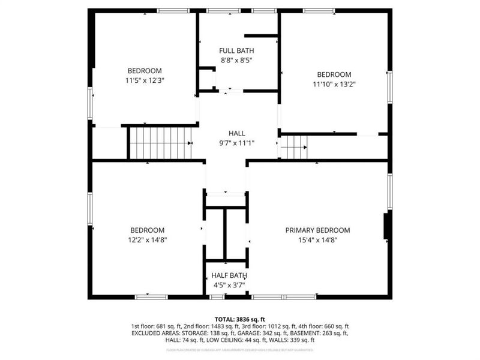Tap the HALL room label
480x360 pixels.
coord(236,133)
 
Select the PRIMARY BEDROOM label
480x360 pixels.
coord(317,230)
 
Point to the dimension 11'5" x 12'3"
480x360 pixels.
coord(145,79)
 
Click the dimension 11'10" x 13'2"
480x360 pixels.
coord(334,84)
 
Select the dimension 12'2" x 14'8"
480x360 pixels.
coord(147,240)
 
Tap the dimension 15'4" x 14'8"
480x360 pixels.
coord(317,240)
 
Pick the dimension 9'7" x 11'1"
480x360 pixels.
coord(236,143)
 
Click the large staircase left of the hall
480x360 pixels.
coord(160,143)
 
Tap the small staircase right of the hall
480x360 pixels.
coord(294,148)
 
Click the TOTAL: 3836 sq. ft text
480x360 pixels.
coord(240,319)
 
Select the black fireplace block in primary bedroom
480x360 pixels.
coord(388,226)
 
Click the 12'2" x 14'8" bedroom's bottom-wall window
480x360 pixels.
coord(151,296)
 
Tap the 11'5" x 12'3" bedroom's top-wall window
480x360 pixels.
coord(173,10)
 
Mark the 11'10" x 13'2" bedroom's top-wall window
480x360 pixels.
coord(319,10)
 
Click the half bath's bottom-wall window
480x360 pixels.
coord(217,296)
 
